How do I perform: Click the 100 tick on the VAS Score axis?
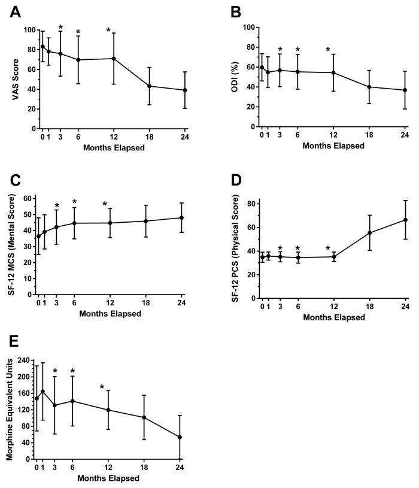pyautogui.click(x=28, y=30)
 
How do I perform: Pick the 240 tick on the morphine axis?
pyautogui.click(x=24, y=360)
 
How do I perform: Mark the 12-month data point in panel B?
pyautogui.click(x=333, y=73)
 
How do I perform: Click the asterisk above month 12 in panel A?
pyautogui.click(x=108, y=31)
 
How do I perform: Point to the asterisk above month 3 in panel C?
pyautogui.click(x=56, y=205)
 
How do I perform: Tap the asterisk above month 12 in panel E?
pyautogui.click(x=102, y=387)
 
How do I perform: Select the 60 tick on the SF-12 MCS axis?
pyautogui.click(x=27, y=198)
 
